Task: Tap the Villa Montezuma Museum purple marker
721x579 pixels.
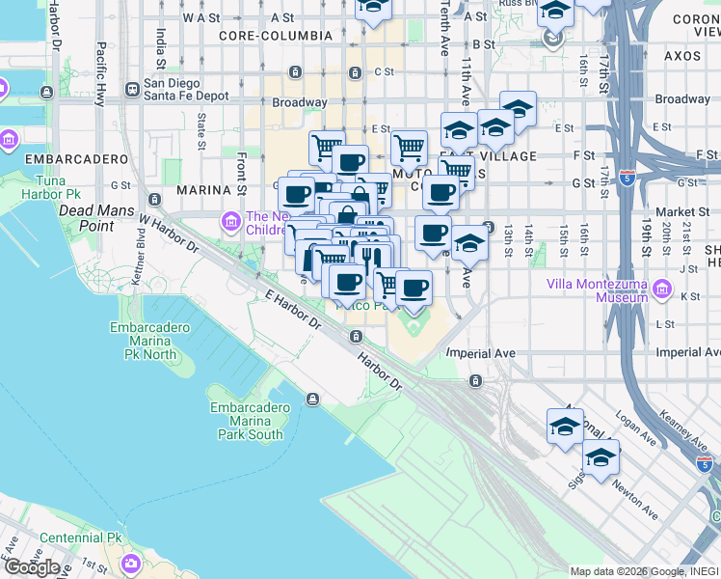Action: pos(661,289)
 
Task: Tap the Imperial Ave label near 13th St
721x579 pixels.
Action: pos(479,354)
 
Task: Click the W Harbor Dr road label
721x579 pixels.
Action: pos(168,234)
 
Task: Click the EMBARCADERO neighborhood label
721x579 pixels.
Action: pos(76,158)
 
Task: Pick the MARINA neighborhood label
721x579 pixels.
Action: pos(200,191)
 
